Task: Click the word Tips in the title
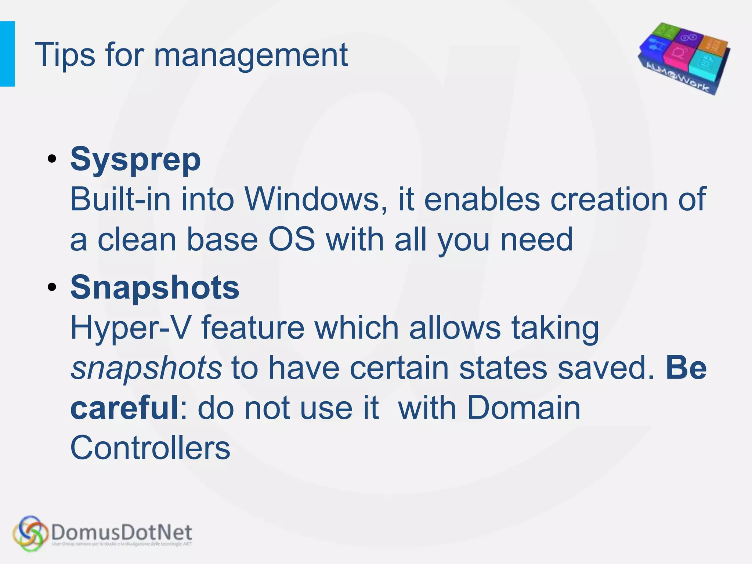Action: coord(65,55)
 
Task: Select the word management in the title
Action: coord(250,56)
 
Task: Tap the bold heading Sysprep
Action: coord(135,159)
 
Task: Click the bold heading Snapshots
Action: coord(155,287)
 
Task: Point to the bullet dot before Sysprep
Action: coord(52,159)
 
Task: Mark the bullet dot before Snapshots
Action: coord(52,287)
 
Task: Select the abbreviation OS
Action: coord(292,239)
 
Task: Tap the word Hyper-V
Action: coord(131,328)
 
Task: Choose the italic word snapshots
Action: coord(146,368)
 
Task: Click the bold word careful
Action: coord(124,408)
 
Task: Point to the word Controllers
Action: coord(150,448)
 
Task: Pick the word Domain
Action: coord(524,408)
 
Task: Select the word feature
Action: coord(253,328)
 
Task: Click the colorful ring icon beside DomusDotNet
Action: coord(30,534)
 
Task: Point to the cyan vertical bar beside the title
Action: coord(7,54)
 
